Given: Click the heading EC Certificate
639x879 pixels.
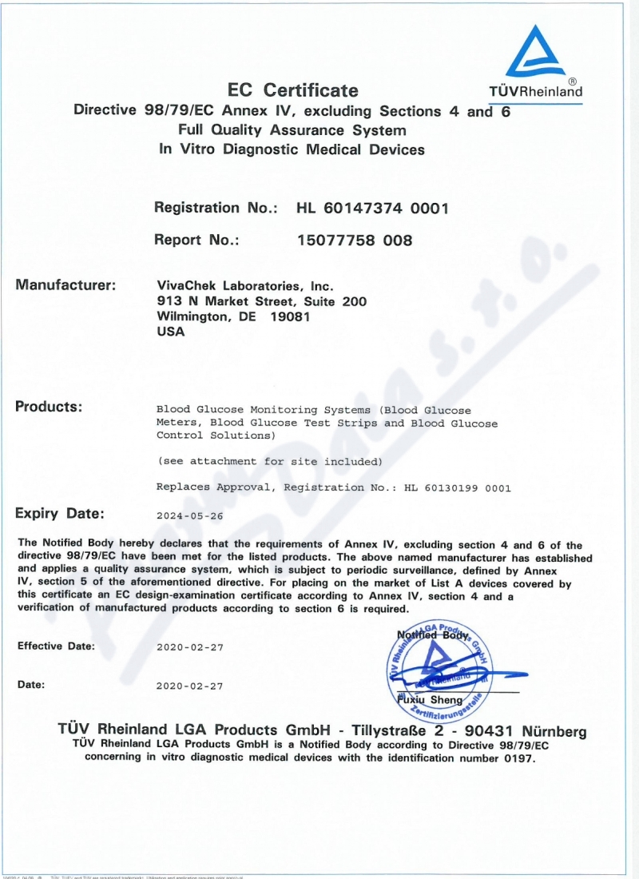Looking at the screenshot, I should pos(293,90).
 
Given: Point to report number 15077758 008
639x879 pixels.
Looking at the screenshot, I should pos(355,240).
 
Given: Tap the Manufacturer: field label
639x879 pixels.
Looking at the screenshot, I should pos(66,284).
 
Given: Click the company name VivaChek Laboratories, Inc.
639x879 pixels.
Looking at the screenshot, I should pos(246,286).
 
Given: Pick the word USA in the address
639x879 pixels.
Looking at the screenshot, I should pos(172,332).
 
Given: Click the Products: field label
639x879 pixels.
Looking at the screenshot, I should pos(49,407).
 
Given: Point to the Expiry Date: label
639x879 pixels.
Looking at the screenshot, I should pos(60,513).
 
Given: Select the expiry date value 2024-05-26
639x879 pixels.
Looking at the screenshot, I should pos(190,516).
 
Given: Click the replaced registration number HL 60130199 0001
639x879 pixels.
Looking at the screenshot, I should pos(458,487).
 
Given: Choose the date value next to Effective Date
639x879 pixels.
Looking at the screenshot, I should pos(190,646).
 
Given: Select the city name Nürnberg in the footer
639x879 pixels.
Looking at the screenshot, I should pos(554,731).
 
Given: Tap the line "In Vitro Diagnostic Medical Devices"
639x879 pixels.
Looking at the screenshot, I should pos(292,149).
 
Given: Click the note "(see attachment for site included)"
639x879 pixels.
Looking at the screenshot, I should pos(269,462).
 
